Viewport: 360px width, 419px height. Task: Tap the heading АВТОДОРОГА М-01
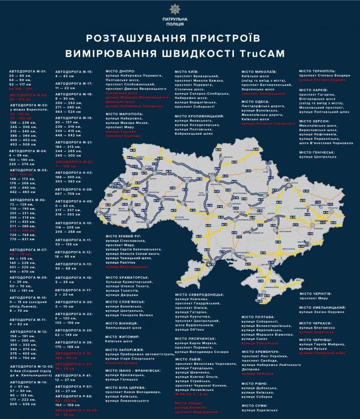tap(25, 71)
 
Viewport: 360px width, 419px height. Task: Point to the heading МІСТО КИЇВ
tap(187, 71)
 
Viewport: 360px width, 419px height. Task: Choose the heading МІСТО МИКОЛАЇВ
tap(259, 71)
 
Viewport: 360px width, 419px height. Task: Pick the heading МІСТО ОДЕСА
tap(254, 101)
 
